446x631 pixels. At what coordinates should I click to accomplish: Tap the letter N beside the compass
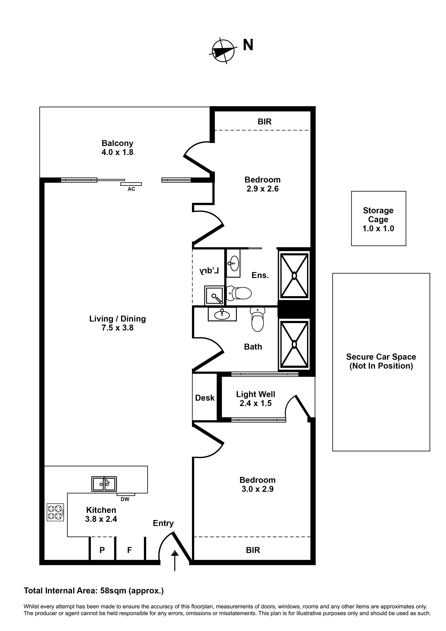click(248, 45)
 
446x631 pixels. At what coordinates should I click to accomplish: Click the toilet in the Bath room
click(257, 320)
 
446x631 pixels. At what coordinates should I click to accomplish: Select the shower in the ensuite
click(294, 275)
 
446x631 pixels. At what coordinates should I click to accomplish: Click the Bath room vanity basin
click(222, 314)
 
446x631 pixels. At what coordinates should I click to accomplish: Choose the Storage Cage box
click(378, 218)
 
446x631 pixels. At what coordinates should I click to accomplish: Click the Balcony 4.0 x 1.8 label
click(117, 148)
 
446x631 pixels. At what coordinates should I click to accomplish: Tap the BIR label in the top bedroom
click(264, 122)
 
